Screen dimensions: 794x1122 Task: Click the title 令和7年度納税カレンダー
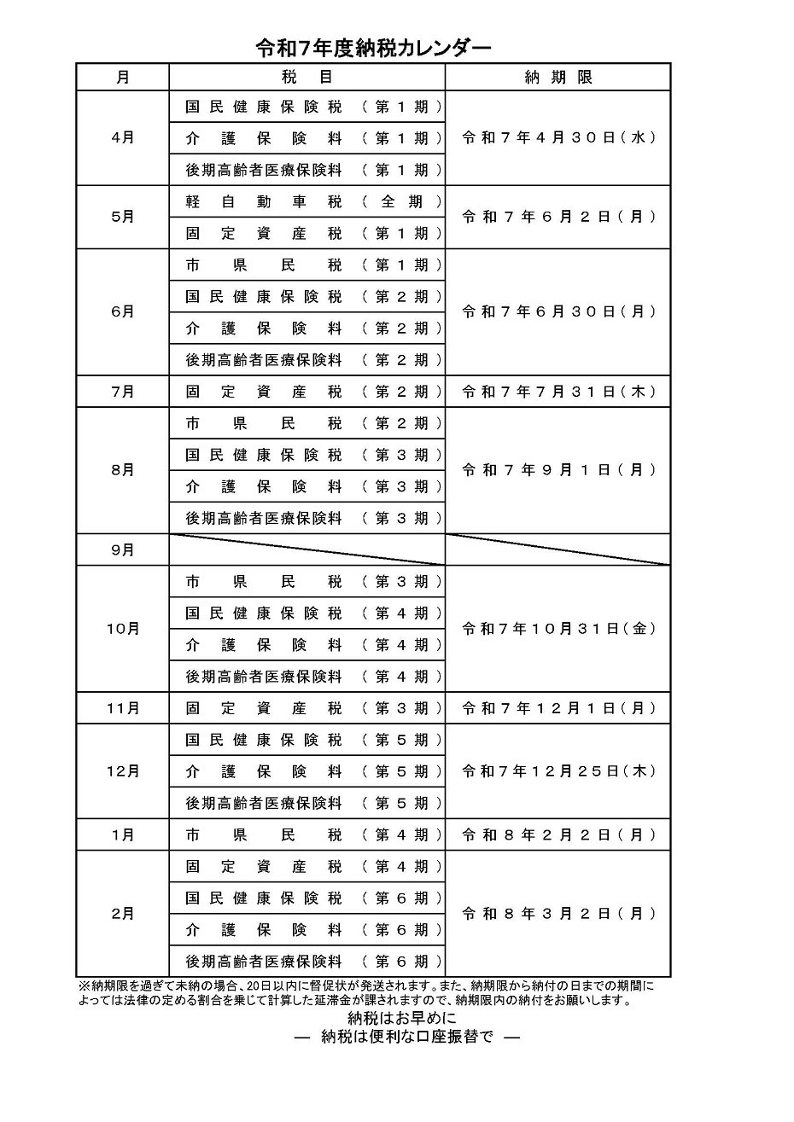(373, 49)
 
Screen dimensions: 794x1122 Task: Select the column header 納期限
(558, 77)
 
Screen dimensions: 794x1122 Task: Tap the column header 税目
(307, 77)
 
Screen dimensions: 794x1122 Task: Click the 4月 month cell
(123, 137)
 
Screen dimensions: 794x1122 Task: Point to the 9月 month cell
(123, 550)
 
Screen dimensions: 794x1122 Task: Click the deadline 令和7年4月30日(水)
(558, 137)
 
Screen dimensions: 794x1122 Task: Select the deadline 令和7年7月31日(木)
(558, 392)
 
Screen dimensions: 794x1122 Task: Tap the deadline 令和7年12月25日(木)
(558, 771)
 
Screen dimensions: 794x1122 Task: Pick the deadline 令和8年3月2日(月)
(558, 914)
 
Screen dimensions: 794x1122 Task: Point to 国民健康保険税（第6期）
(314, 898)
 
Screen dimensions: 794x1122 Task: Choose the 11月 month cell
(123, 708)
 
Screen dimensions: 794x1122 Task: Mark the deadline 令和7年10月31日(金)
(558, 629)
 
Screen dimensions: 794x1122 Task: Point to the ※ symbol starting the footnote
(84, 986)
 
